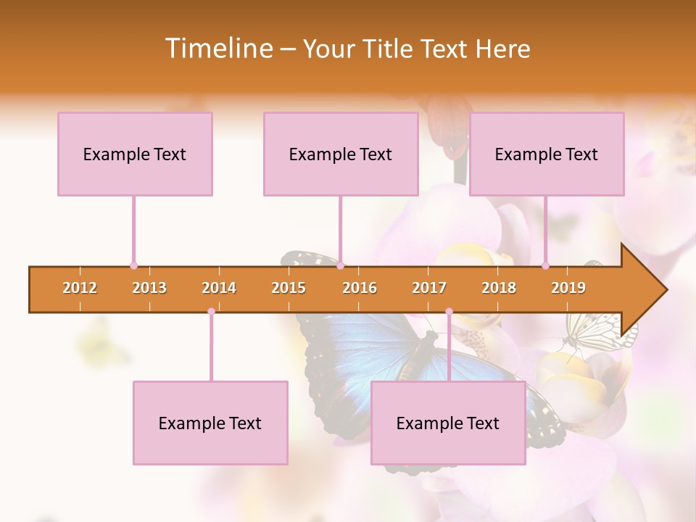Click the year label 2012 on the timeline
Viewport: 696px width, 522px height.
click(x=80, y=289)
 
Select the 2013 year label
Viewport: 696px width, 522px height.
click(x=149, y=289)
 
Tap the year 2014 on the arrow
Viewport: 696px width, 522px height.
click(x=219, y=289)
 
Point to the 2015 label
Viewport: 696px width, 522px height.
click(x=289, y=289)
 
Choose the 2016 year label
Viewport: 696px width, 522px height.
click(x=360, y=289)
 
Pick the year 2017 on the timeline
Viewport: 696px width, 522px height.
click(x=429, y=289)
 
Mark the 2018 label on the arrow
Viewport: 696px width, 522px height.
click(x=499, y=289)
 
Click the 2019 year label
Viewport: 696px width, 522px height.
click(x=568, y=289)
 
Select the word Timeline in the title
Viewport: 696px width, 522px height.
click(x=217, y=49)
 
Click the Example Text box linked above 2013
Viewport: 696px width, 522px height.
click(x=135, y=154)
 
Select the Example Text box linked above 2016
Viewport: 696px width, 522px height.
click(x=341, y=154)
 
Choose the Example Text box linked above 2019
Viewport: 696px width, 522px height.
click(x=547, y=154)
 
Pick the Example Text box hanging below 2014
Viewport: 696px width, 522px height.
click(x=210, y=423)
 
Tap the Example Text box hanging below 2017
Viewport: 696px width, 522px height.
click(x=448, y=423)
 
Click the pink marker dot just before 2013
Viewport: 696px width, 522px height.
click(x=133, y=266)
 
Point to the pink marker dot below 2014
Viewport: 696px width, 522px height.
click(x=211, y=312)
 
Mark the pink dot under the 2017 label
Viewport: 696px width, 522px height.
click(x=449, y=312)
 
